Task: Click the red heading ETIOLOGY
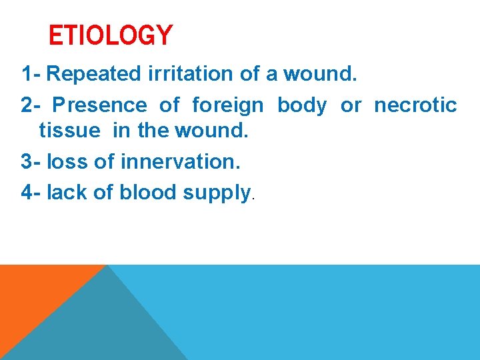111,35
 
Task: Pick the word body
302,105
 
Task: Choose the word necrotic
415,105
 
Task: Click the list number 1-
31,73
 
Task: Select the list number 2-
31,105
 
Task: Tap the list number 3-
31,162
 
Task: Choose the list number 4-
31,192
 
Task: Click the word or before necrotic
351,105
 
